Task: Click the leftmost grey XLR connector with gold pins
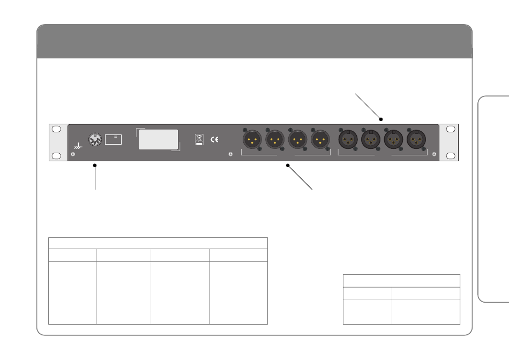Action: [x=252, y=140]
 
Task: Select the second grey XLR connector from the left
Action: [x=275, y=140]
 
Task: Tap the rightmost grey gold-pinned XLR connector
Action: [x=320, y=140]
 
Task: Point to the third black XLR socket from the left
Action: [x=393, y=140]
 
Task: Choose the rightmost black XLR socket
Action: [x=416, y=140]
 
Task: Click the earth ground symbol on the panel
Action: [x=78, y=145]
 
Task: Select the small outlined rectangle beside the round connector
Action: [x=114, y=139]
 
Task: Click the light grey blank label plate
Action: [x=159, y=139]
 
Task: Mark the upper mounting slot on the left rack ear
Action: [x=56, y=129]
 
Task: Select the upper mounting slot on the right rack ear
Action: [x=451, y=129]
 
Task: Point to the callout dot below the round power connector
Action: [x=95, y=166]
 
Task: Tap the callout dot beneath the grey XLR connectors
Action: [x=287, y=166]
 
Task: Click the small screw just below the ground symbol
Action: [x=73, y=155]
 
